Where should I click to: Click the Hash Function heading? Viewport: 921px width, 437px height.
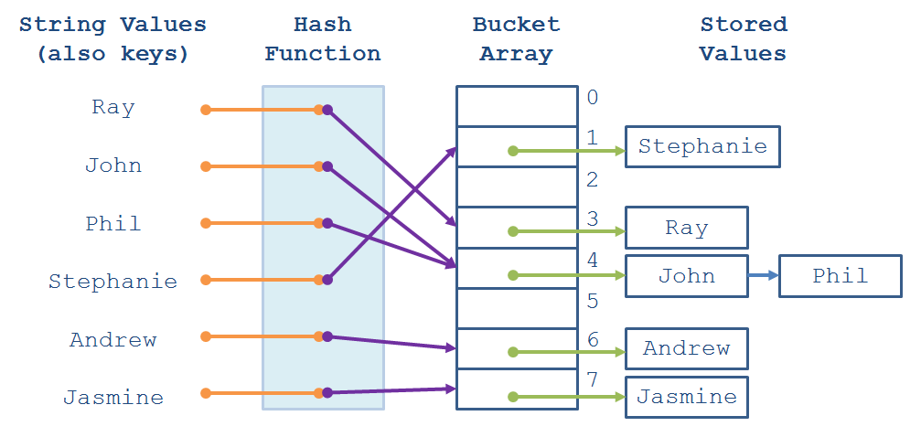[x=323, y=39]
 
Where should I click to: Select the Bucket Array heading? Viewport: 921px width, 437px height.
[x=516, y=39]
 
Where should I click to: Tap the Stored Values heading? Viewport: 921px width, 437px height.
[x=743, y=39]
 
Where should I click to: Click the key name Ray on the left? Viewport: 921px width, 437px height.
[x=113, y=108]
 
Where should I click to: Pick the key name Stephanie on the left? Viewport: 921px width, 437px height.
[x=113, y=282]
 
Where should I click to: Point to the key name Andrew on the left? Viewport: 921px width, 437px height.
[x=113, y=340]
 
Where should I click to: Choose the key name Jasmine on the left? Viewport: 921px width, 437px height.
[x=113, y=398]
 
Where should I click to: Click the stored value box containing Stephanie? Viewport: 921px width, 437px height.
[x=702, y=147]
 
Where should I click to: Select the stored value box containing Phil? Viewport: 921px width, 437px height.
[x=840, y=276]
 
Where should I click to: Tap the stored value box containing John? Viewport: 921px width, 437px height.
[x=686, y=276]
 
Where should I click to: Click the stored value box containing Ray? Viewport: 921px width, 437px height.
[x=686, y=229]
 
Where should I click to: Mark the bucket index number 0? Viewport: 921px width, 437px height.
[x=593, y=98]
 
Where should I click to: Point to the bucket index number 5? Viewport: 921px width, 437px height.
[x=593, y=301]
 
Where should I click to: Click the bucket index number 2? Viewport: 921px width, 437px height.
[x=593, y=179]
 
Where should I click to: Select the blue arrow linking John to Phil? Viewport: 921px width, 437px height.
[x=763, y=275]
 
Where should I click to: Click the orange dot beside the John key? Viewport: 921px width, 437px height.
[x=206, y=166]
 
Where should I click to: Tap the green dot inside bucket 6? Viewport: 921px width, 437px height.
[x=513, y=351]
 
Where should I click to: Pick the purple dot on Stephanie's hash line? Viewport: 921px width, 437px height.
[x=327, y=280]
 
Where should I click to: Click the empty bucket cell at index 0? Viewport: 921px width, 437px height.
[x=517, y=106]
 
